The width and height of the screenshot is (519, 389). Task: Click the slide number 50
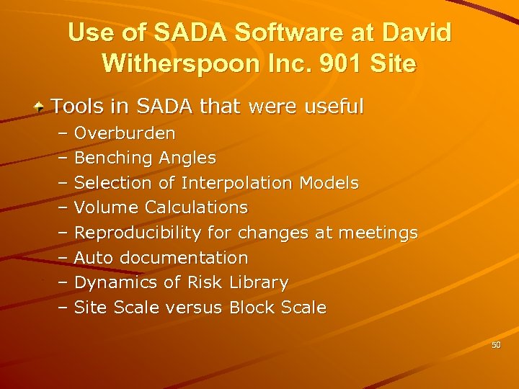pos(496,346)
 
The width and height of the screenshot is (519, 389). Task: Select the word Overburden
pos(124,133)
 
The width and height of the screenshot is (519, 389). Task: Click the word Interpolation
pos(236,183)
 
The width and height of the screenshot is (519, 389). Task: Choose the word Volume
pos(106,207)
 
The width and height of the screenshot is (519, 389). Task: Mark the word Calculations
pos(196,207)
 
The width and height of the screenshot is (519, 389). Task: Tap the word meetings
pos(376,233)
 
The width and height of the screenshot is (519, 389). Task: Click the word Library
pos(259,282)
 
